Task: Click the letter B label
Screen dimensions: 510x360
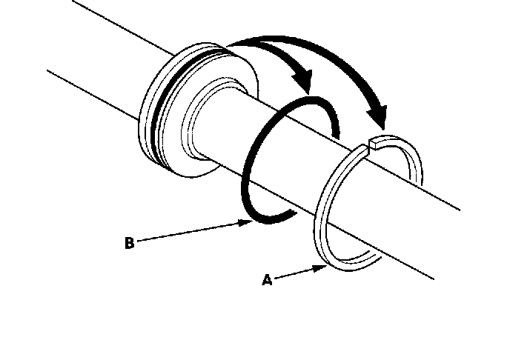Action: coord(129,242)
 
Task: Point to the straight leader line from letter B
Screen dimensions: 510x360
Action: coord(193,231)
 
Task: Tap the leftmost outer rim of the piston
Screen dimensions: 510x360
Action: coord(143,119)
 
